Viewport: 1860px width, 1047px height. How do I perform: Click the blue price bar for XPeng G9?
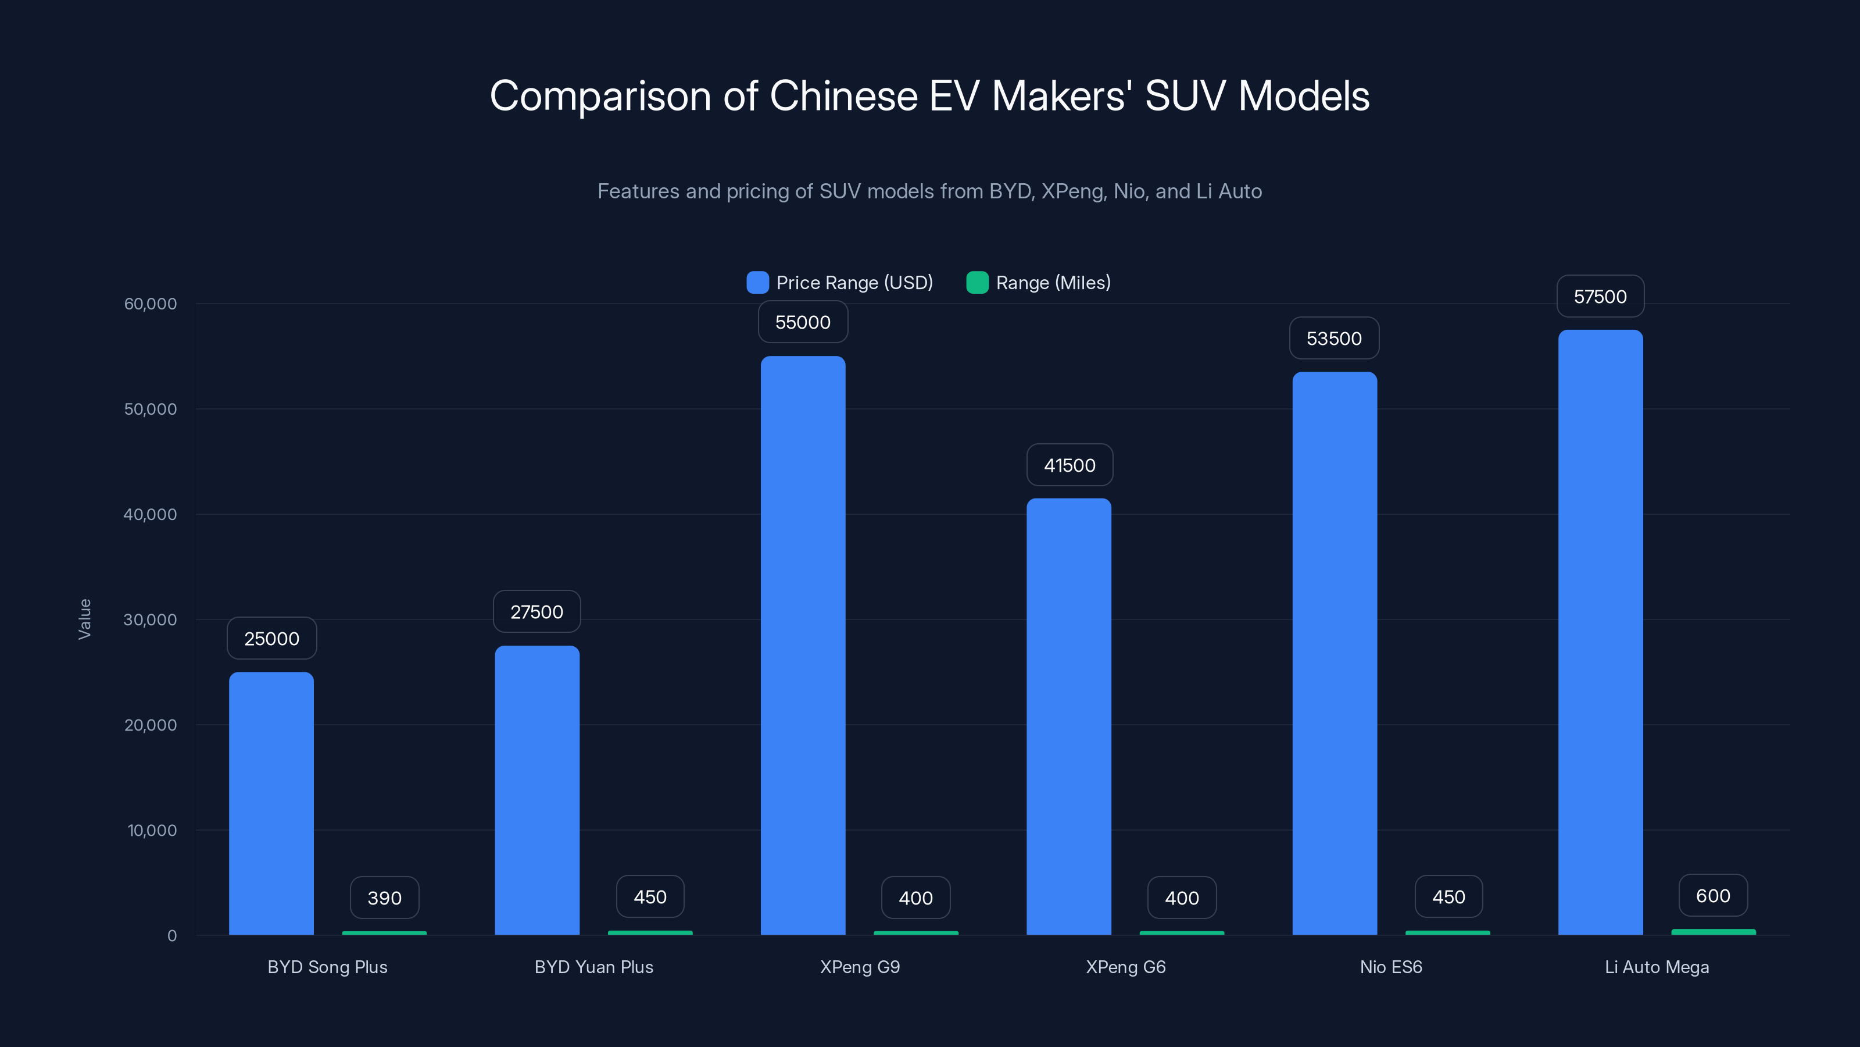tap(803, 645)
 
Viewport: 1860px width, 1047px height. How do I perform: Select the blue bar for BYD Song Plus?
tap(271, 803)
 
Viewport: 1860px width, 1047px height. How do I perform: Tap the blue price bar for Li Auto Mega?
tap(1600, 632)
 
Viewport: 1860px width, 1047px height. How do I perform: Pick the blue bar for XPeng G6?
tap(1069, 716)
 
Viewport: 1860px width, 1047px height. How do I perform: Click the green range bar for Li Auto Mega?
tap(1713, 932)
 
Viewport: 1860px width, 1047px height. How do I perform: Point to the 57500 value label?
tap(1600, 297)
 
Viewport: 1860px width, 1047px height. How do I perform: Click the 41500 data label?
tap(1069, 465)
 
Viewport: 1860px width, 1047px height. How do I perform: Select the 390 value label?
tap(384, 898)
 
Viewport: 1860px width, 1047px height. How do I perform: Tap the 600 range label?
tap(1713, 896)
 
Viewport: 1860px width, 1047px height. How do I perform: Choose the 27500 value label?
tap(536, 612)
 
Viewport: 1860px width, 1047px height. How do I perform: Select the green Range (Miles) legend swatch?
tap(977, 283)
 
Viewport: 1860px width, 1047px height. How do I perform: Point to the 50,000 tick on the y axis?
tap(150, 409)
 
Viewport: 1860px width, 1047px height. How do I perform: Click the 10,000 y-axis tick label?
tap(152, 830)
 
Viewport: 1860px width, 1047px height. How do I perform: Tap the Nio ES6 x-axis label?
tap(1391, 967)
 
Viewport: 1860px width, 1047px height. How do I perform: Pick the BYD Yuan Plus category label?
tap(593, 967)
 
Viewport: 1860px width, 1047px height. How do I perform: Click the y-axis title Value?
tap(84, 619)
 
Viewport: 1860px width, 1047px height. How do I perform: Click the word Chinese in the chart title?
tap(843, 95)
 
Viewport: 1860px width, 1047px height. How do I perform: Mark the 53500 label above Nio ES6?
tap(1333, 339)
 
